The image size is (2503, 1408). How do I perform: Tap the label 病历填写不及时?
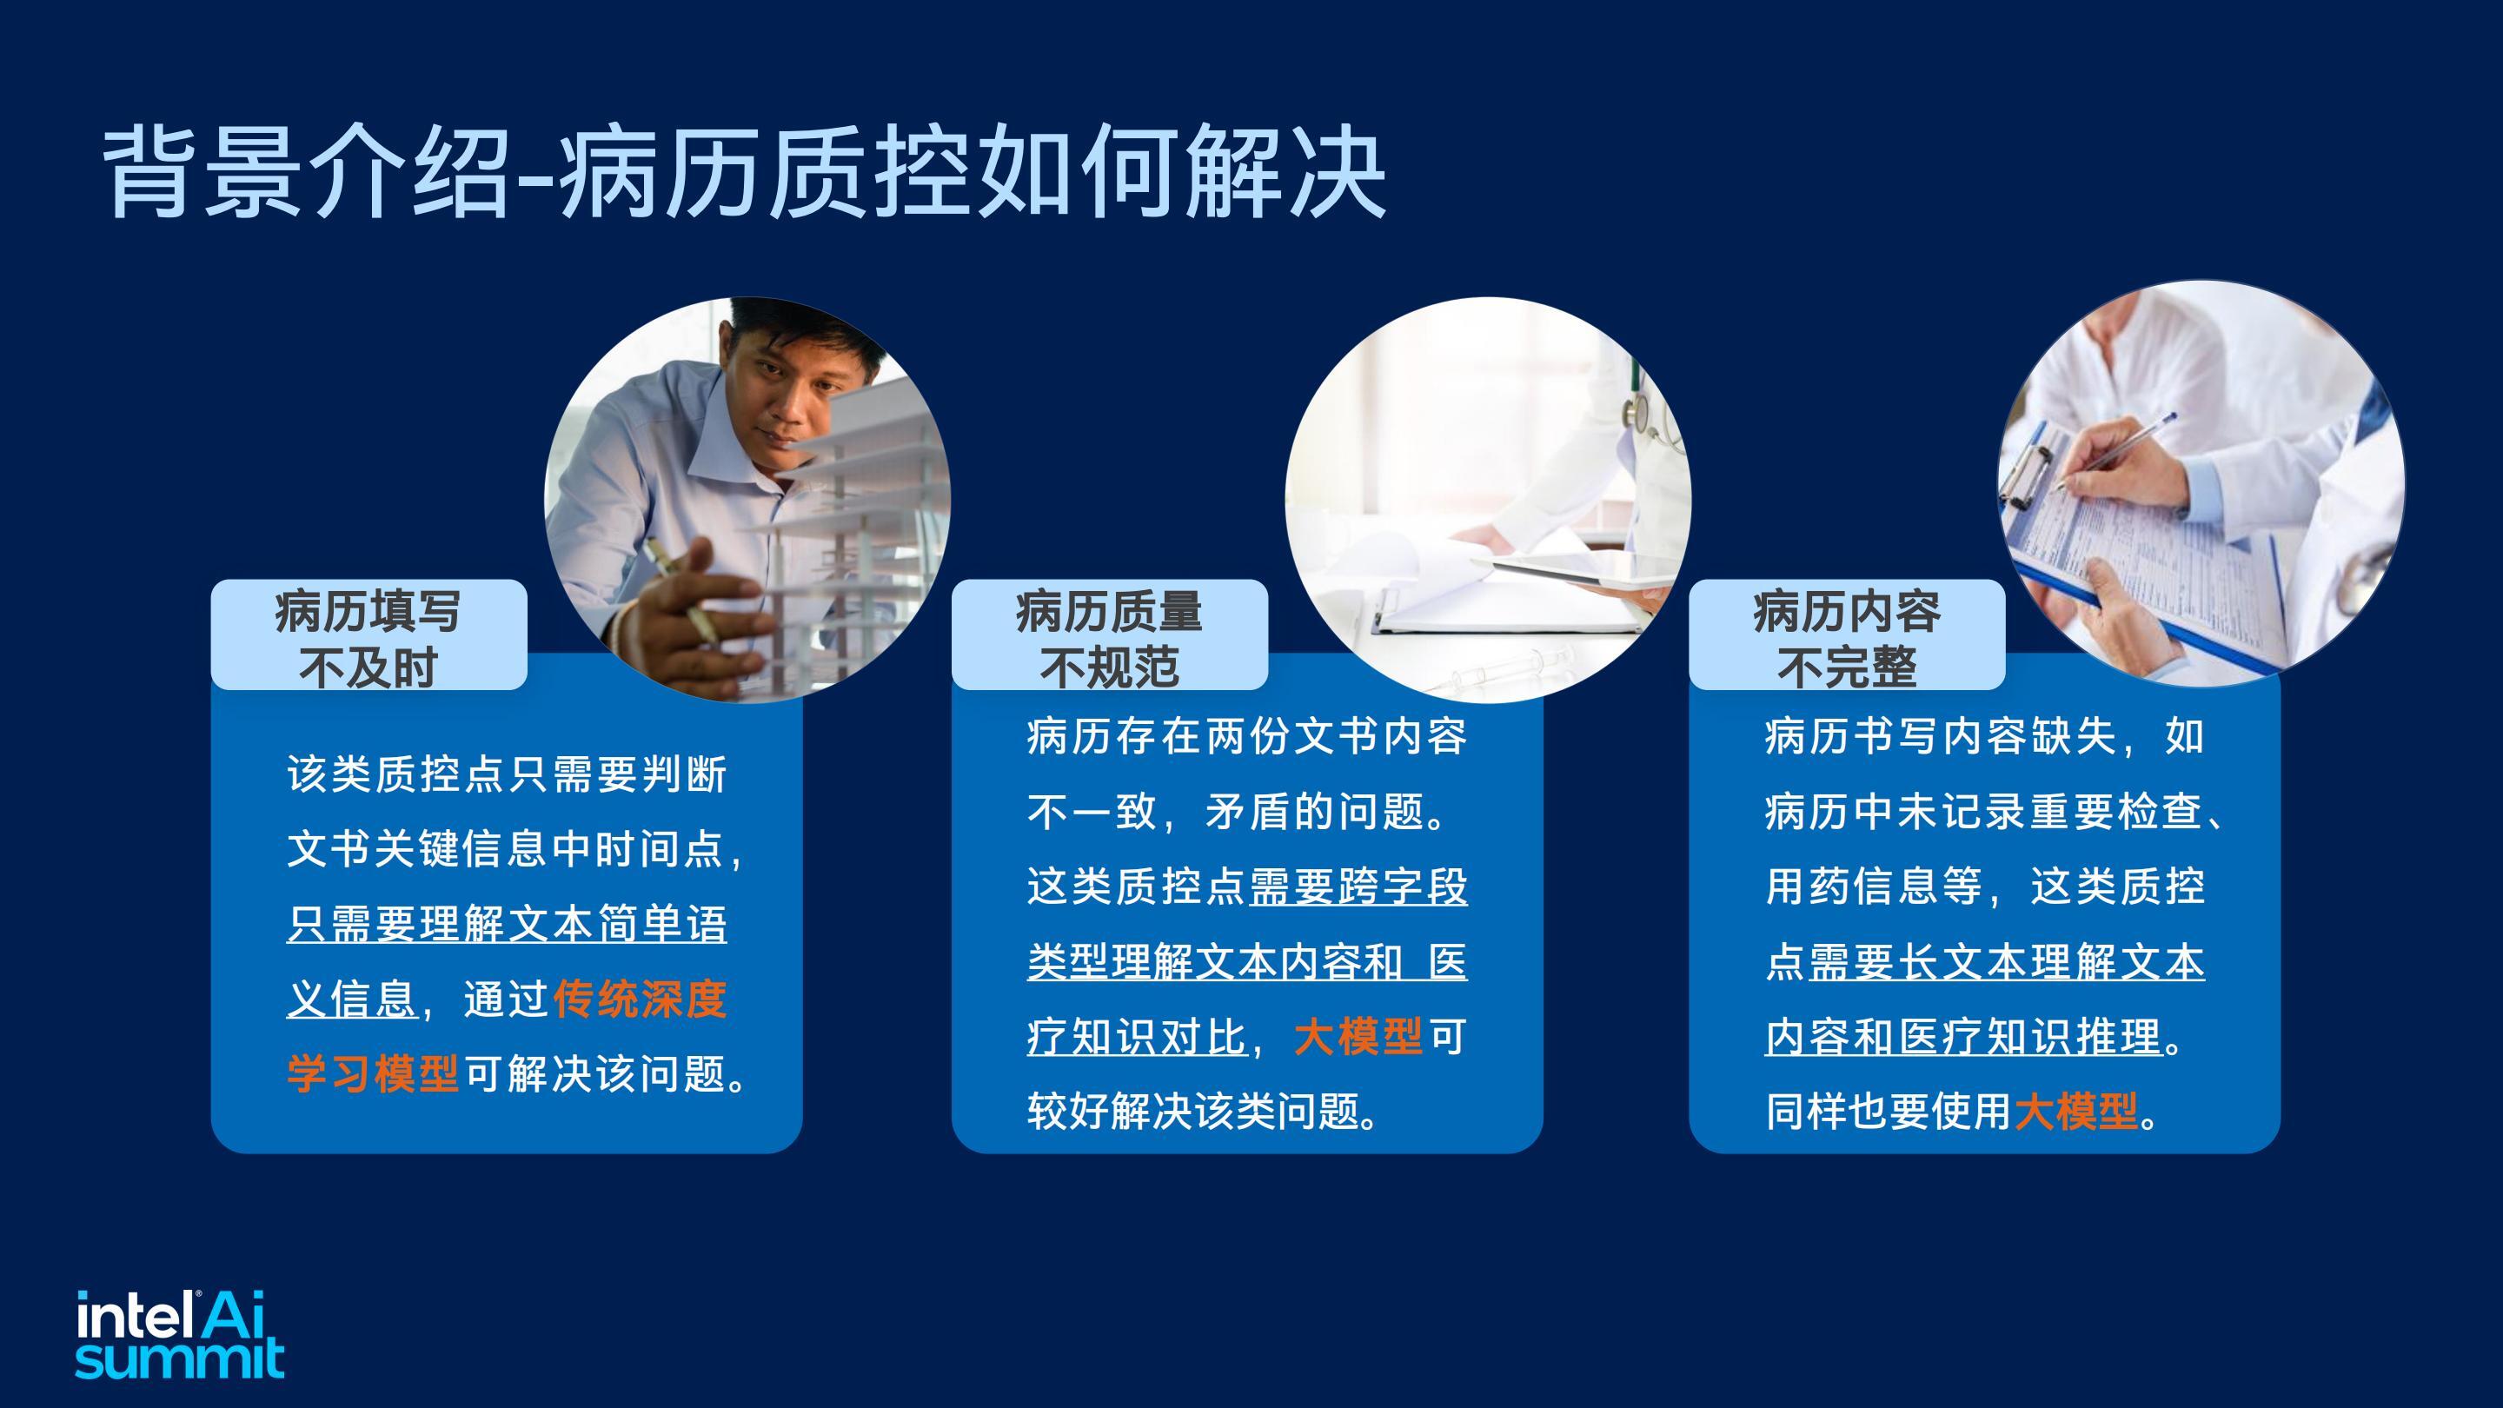pyautogui.click(x=368, y=639)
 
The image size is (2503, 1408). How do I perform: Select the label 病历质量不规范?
pyautogui.click(x=1109, y=639)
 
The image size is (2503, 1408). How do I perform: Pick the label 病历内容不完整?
pyautogui.click(x=1846, y=639)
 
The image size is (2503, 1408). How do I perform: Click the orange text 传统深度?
pyautogui.click(x=640, y=999)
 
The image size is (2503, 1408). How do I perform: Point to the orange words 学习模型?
pyautogui.click(x=372, y=1073)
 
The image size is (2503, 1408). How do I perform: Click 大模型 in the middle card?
pyautogui.click(x=1358, y=1037)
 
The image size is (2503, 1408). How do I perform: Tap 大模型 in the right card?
pyautogui.click(x=2076, y=1112)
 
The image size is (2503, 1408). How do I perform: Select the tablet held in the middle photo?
pyautogui.click(x=1564, y=573)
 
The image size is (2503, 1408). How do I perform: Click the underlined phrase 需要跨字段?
pyautogui.click(x=1358, y=887)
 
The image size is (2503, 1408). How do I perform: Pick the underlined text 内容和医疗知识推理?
pyautogui.click(x=1964, y=1037)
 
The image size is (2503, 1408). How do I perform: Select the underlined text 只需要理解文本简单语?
pyautogui.click(x=506, y=924)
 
